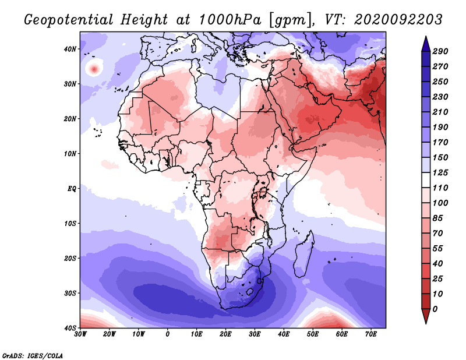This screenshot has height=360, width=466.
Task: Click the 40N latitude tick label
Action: (x=70, y=49)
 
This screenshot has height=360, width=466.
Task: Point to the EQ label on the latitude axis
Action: (x=72, y=189)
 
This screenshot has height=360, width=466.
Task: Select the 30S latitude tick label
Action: (x=70, y=293)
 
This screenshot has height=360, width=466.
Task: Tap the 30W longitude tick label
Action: (x=80, y=334)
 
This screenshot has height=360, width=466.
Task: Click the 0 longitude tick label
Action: (x=168, y=334)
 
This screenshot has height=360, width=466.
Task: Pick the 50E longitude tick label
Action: (x=313, y=334)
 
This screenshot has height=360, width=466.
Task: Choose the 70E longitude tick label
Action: (x=370, y=334)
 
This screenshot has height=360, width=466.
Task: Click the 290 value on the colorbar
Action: (x=440, y=51)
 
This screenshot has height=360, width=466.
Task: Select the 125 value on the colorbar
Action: (x=440, y=172)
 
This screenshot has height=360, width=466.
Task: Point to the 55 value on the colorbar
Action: (x=438, y=249)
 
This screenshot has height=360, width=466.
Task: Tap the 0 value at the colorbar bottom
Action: (x=435, y=309)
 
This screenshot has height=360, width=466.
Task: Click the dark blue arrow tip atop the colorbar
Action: (x=426, y=37)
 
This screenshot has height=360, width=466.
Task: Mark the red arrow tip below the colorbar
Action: (x=426, y=323)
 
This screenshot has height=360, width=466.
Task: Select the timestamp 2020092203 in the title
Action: (x=398, y=20)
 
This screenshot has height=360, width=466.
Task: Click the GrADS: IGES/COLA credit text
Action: (x=33, y=355)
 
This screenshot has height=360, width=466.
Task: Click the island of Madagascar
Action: (x=303, y=255)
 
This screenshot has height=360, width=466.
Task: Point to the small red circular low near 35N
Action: (x=94, y=70)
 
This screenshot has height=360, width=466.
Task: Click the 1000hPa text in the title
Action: (x=230, y=20)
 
